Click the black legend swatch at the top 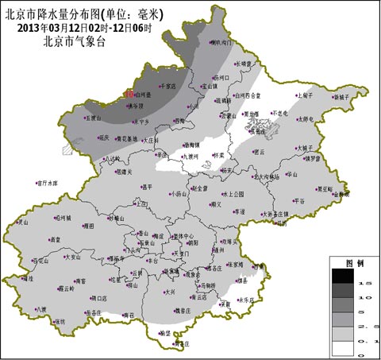point(343,277)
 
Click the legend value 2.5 point(368,326)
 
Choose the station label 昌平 point(145,188)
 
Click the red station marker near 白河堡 point(131,95)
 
